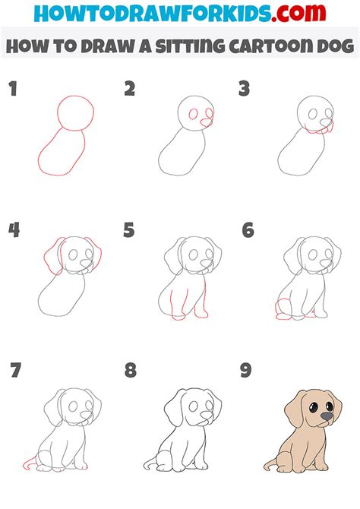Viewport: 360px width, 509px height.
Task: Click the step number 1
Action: tap(12, 90)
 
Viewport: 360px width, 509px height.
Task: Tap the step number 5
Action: tap(129, 229)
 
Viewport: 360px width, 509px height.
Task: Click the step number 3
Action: tap(244, 90)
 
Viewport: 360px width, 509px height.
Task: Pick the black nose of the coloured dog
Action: tap(326, 417)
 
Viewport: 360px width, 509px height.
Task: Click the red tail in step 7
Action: tap(30, 461)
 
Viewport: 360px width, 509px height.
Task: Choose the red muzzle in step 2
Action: tap(206, 119)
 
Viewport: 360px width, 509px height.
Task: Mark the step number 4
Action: tap(13, 229)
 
